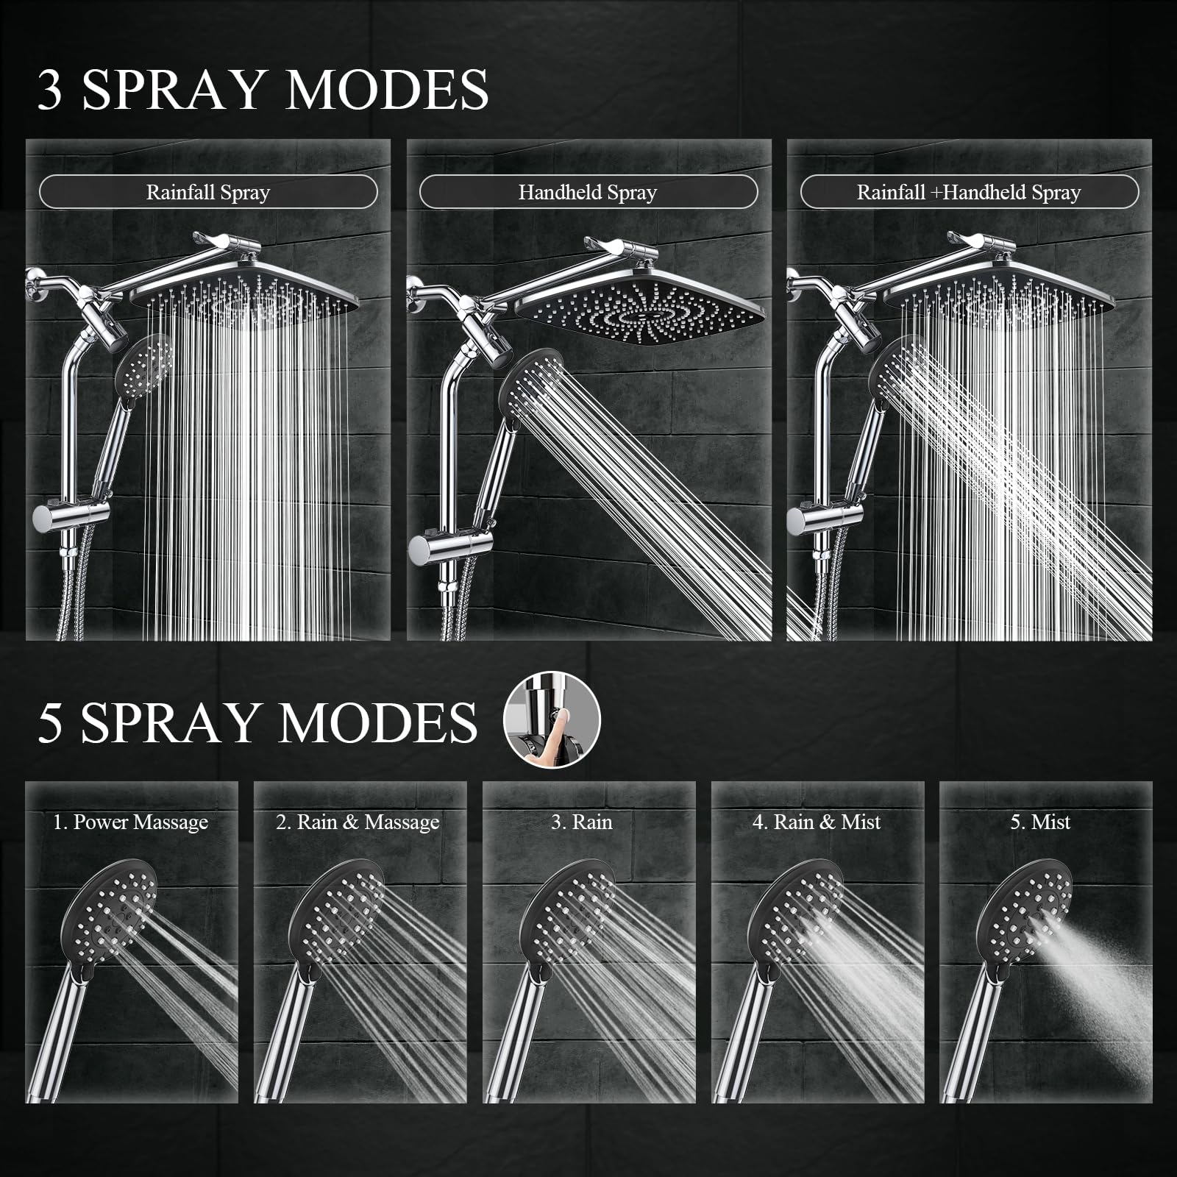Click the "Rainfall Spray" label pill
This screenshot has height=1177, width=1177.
pyautogui.click(x=208, y=193)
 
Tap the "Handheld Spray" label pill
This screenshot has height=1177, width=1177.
pyautogui.click(x=588, y=193)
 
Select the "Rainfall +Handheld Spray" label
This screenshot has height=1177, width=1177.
pyautogui.click(x=969, y=193)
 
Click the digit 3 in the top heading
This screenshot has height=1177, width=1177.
pyautogui.click(x=50, y=90)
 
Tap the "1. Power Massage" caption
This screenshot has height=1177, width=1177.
pyautogui.click(x=131, y=822)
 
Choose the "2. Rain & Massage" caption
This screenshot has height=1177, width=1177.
pyautogui.click(x=358, y=822)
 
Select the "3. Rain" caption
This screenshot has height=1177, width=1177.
pyautogui.click(x=582, y=822)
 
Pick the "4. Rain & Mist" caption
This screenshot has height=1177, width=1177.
pyautogui.click(x=817, y=822)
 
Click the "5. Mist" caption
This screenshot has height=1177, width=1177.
pyautogui.click(x=1040, y=822)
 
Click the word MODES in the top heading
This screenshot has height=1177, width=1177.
pyautogui.click(x=387, y=90)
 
